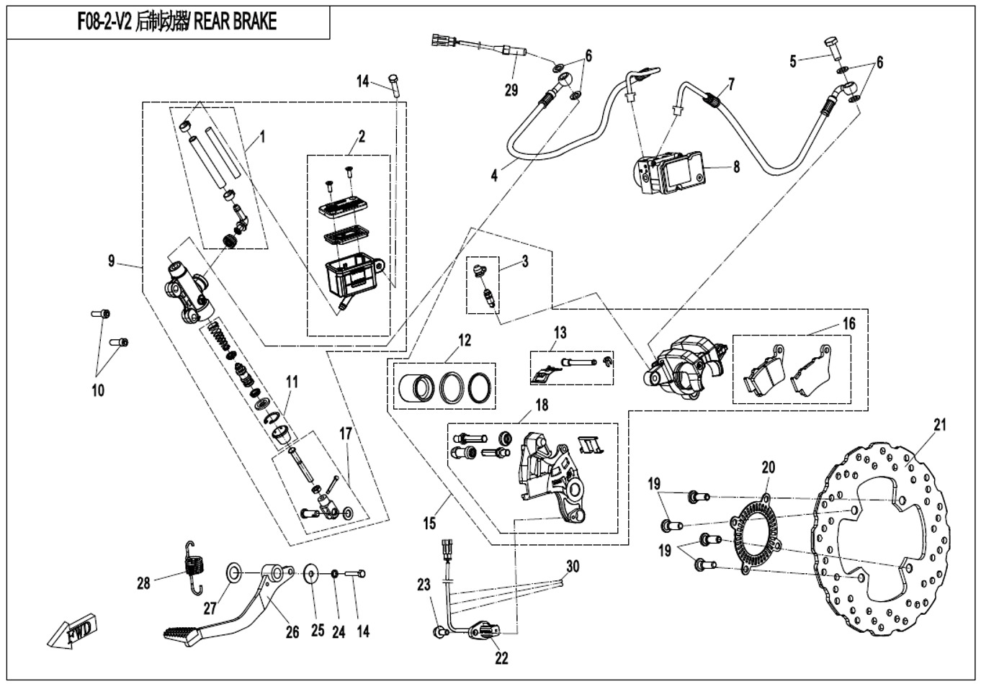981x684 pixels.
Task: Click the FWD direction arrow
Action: (x=71, y=633)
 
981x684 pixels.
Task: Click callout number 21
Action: (x=939, y=425)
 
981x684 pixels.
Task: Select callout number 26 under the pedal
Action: (x=292, y=632)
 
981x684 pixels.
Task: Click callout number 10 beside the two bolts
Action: (x=98, y=390)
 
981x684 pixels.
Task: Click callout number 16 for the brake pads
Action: (x=848, y=324)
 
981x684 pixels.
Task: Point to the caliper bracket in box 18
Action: (x=547, y=472)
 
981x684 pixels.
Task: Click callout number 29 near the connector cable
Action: (x=511, y=90)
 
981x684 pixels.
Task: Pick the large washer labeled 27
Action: (x=234, y=572)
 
